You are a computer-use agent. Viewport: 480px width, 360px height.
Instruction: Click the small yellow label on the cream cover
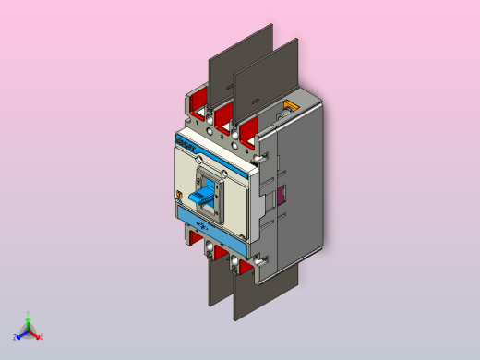(x=178, y=194)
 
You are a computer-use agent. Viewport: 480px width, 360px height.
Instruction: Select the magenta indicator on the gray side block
(x=282, y=195)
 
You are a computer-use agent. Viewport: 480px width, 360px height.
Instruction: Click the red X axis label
(x=41, y=337)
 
